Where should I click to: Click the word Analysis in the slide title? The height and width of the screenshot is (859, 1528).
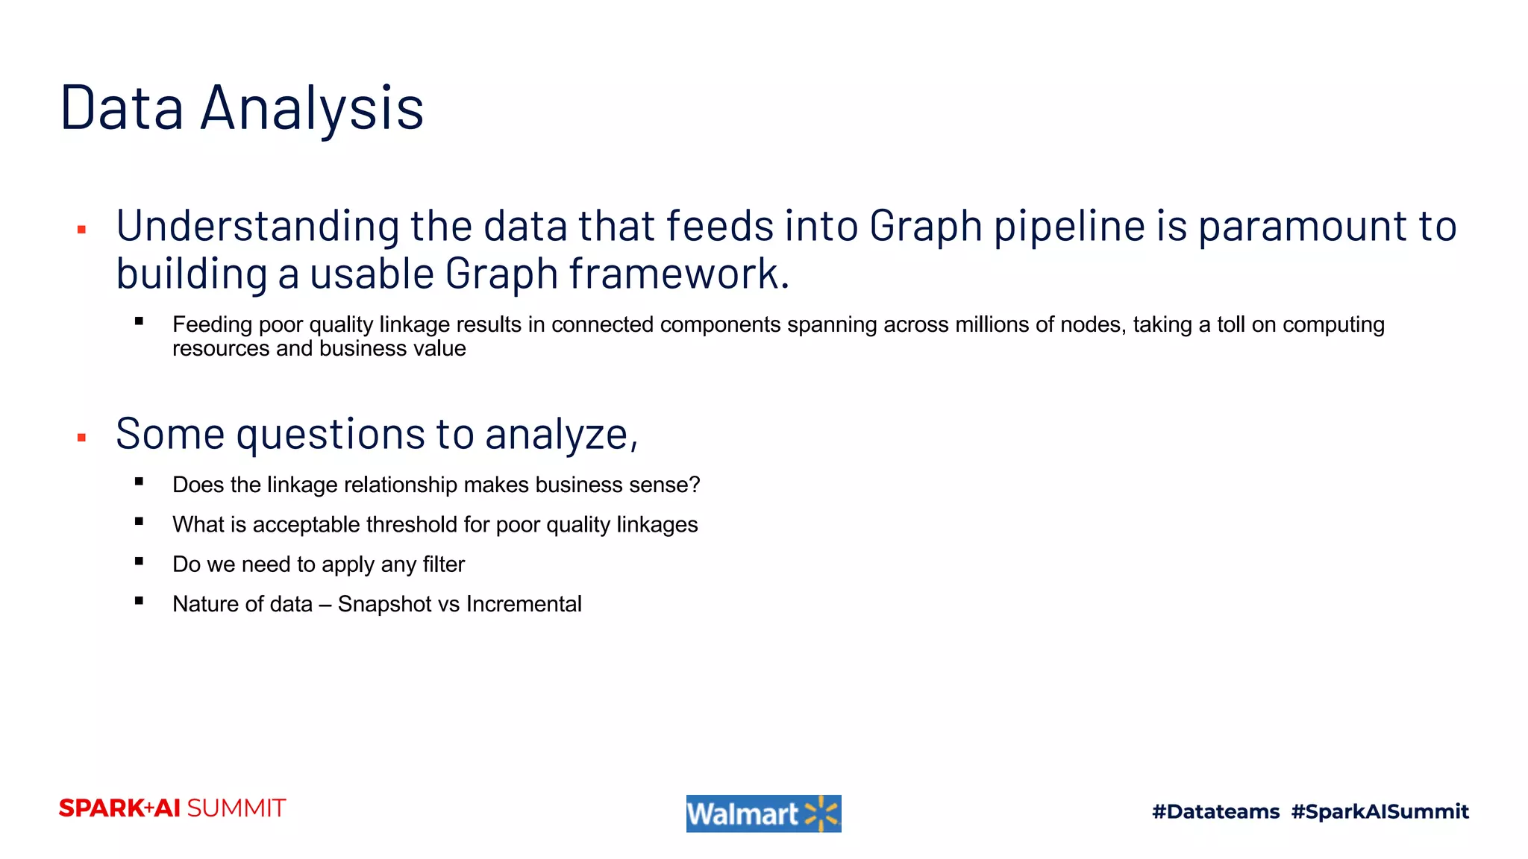pyautogui.click(x=312, y=109)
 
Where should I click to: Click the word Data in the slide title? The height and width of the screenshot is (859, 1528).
pyautogui.click(x=122, y=109)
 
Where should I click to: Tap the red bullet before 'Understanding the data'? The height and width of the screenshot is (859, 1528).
pyautogui.click(x=82, y=230)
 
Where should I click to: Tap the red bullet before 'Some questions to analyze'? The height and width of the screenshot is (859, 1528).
pyautogui.click(x=82, y=438)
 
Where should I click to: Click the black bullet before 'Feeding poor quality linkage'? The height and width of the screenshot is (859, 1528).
pyautogui.click(x=139, y=322)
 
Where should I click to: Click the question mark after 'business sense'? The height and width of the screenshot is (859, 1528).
pyautogui.click(x=695, y=485)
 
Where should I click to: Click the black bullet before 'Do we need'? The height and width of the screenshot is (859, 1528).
pyautogui.click(x=139, y=561)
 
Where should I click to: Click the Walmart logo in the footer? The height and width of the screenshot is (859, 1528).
pyautogui.click(x=763, y=814)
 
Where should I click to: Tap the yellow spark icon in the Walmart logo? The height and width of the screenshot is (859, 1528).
pyautogui.click(x=821, y=814)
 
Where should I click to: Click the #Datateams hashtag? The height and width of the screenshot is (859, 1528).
pyautogui.click(x=1215, y=811)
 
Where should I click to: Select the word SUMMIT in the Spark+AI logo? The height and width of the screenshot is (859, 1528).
pyautogui.click(x=236, y=808)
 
